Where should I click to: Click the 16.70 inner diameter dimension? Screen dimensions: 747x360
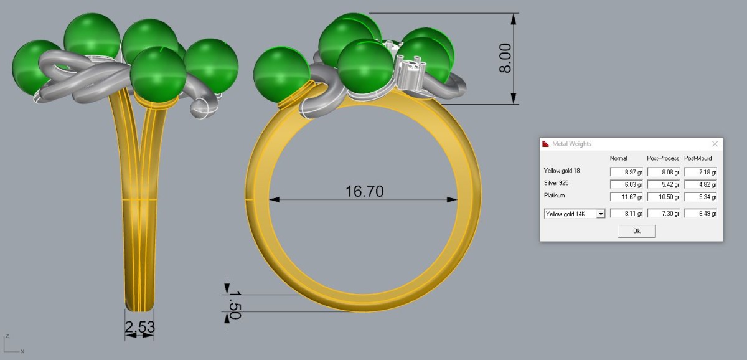tap(365, 191)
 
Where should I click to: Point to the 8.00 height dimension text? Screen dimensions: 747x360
tap(505, 58)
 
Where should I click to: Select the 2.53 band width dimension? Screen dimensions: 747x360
tap(139, 327)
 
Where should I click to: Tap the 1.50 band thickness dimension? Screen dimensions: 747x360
tap(235, 305)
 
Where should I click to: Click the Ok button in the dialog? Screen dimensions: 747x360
tap(637, 231)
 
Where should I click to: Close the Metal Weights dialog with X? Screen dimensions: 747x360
tap(715, 144)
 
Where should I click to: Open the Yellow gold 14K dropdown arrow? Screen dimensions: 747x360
tap(601, 214)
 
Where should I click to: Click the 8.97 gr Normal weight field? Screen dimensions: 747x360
tap(626, 172)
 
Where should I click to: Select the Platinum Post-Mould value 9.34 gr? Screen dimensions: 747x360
tap(701, 197)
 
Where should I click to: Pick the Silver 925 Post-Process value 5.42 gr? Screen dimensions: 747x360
tap(664, 184)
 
